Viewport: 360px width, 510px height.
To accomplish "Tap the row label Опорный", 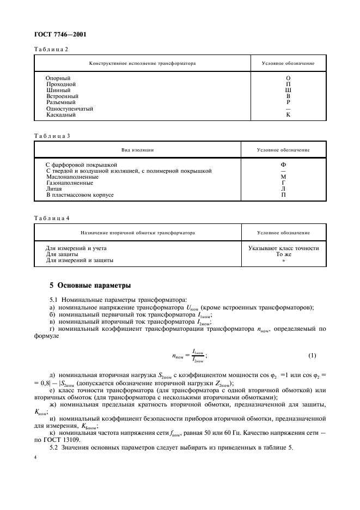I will [x=57, y=78].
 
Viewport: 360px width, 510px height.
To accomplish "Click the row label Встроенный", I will [x=62, y=96].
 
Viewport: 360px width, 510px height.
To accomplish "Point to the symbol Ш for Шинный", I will [x=288, y=90].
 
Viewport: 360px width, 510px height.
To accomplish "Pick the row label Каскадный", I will [x=61, y=115].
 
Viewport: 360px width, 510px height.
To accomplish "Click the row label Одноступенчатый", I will [x=70, y=109].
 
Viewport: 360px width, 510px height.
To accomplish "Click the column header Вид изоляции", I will [x=137, y=149].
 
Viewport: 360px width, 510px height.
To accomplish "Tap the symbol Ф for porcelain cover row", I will [x=283, y=165].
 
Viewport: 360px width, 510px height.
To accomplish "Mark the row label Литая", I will [x=54, y=189].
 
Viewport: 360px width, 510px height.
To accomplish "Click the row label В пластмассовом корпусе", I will [x=80, y=195].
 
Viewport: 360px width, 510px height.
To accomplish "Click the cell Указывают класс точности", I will [x=283, y=248].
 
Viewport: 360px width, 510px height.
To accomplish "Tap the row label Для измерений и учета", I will [x=76, y=248].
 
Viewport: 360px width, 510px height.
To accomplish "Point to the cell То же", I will [x=283, y=254].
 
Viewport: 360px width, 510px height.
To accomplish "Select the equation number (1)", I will [x=312, y=356].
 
